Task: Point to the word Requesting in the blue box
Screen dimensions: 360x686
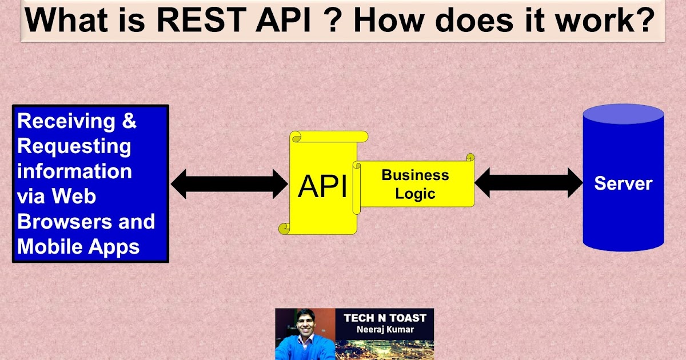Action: [74, 146]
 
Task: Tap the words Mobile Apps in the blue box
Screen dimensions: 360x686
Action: [78, 246]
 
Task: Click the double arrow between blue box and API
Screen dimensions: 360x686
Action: [229, 184]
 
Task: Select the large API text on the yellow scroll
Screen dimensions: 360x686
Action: [322, 186]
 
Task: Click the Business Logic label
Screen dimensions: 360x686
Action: [416, 184]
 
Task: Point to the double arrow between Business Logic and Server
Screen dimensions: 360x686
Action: [528, 183]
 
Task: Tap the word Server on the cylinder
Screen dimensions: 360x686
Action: [623, 183]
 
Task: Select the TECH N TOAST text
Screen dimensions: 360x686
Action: [385, 318]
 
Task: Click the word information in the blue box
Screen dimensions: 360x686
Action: [74, 171]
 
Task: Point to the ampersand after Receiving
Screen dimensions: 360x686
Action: [130, 121]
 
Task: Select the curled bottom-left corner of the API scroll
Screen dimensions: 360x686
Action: [284, 229]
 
